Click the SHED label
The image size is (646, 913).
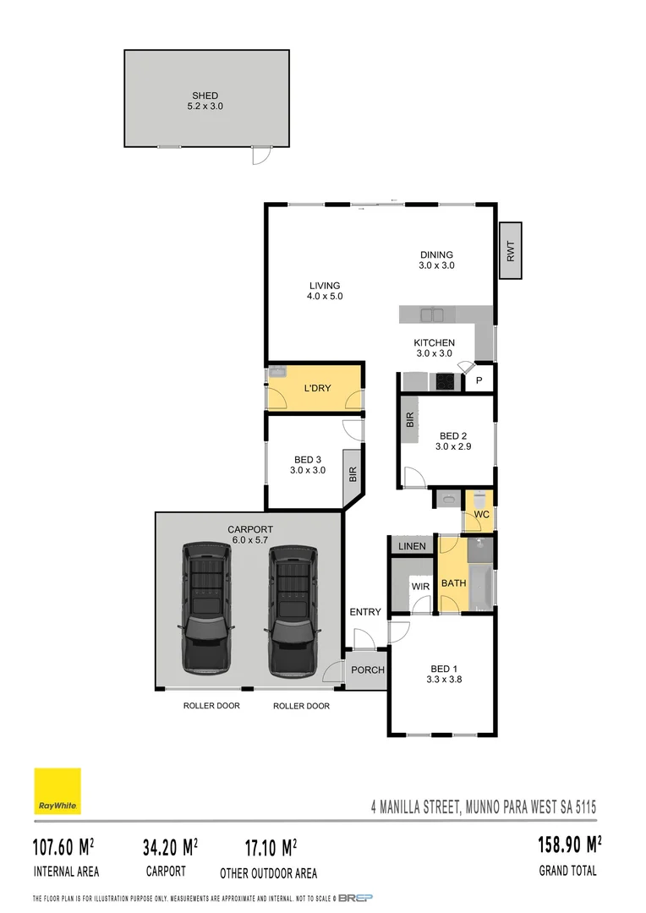point(205,96)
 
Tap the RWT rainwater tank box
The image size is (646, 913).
point(511,250)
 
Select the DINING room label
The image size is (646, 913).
point(436,254)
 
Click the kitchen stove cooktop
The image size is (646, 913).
point(445,382)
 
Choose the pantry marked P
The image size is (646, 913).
point(479,381)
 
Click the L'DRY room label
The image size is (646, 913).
point(317,389)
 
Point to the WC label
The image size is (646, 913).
point(481,514)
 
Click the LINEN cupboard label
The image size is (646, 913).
point(413,546)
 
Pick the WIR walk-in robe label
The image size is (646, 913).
point(421,585)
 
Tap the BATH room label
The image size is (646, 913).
point(453,583)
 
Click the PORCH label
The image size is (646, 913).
point(368,670)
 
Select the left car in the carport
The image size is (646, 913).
point(205,607)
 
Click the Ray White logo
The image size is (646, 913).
point(57,791)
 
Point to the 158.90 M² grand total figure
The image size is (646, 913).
point(569,845)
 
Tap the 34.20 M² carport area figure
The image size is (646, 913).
point(169,845)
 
